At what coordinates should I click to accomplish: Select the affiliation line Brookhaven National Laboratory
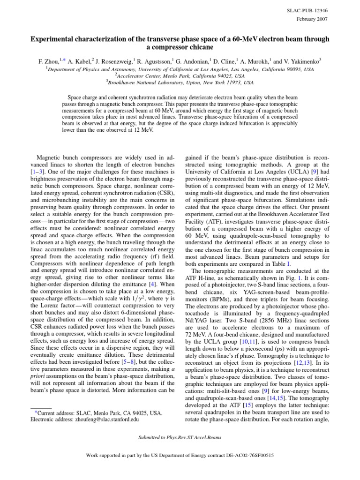tap(181, 82)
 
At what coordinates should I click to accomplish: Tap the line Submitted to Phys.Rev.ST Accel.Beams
tap(180, 437)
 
